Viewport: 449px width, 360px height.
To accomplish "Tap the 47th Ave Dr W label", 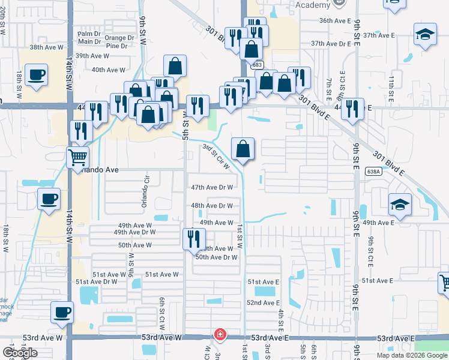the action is (212, 187).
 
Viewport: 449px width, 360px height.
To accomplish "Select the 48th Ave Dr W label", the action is (212, 205).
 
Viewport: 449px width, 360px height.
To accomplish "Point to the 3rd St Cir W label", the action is (216, 155).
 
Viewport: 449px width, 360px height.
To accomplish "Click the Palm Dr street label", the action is (89, 34).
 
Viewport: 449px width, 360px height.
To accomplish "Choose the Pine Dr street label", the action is (116, 46).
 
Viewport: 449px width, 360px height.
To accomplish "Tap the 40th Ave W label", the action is (108, 70).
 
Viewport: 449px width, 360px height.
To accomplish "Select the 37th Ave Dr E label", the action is (330, 44).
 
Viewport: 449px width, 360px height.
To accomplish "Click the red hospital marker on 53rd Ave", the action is (220, 334).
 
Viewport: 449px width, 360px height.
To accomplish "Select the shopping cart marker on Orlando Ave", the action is (77, 157).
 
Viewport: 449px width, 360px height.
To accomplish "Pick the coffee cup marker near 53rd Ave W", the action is (62, 313).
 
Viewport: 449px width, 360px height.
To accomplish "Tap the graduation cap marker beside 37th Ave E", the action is (425, 34).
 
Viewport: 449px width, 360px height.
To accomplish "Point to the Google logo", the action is (20, 353).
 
